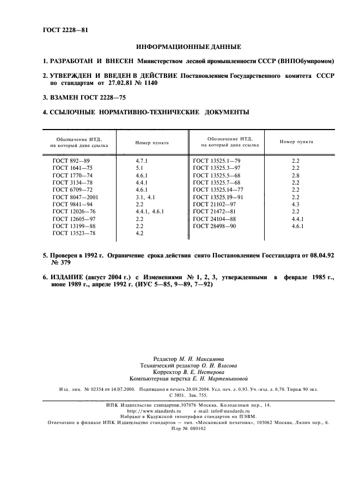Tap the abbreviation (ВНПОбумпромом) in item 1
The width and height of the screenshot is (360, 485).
306,61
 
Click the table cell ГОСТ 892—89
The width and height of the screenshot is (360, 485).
71,161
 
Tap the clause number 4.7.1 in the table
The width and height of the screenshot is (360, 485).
142,161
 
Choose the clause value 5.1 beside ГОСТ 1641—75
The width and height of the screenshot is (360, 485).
139,168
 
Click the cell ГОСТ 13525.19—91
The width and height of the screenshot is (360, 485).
219,197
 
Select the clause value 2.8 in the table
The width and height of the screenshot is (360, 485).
295,175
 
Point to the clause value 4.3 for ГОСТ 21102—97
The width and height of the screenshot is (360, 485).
295,204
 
